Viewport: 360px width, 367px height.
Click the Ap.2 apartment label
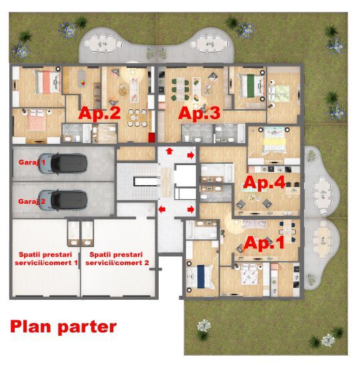point(99,113)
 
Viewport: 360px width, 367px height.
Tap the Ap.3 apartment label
point(199,113)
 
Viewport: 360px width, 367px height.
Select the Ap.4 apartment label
point(264,182)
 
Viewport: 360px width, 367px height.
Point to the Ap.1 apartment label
point(264,242)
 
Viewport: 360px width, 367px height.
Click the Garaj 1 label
point(32,163)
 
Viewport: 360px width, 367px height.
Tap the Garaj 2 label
point(31,201)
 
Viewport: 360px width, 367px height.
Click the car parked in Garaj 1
point(63,164)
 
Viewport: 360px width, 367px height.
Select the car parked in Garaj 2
point(63,200)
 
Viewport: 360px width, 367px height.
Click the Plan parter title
point(63,327)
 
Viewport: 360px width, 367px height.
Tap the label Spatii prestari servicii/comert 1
point(46,258)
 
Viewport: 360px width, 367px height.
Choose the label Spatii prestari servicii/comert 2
point(117,258)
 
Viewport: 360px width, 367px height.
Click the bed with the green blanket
point(251,86)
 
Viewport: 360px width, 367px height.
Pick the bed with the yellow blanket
point(274,141)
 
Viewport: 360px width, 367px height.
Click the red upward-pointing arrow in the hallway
point(169,151)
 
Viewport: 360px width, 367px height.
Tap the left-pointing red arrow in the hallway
point(162,209)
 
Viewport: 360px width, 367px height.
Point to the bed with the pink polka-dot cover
point(36,121)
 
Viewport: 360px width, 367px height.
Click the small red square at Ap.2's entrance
point(151,138)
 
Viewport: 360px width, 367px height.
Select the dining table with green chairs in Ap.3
point(180,89)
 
